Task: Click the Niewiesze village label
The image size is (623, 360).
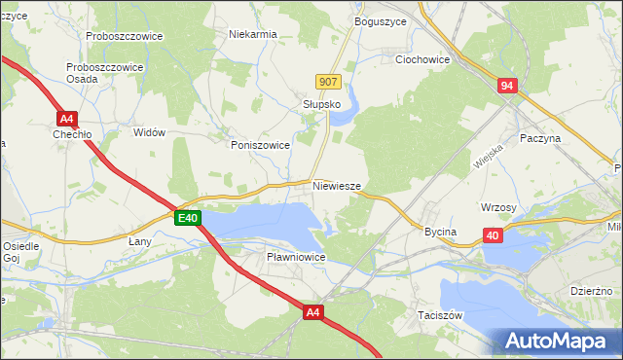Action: [338, 185]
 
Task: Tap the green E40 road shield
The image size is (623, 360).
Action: [188, 219]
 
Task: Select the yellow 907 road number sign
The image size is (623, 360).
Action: [328, 82]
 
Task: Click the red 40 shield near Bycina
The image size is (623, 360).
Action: [494, 236]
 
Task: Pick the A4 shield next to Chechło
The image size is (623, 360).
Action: [66, 119]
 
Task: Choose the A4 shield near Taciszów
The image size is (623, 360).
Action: [311, 312]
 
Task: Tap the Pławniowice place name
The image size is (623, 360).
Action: [295, 257]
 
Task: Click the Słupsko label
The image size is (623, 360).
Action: [320, 104]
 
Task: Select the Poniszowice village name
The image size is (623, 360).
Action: [260, 144]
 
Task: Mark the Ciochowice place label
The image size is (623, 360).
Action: [422, 59]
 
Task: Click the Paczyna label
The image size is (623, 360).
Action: [541, 138]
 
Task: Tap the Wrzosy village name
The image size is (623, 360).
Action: [497, 207]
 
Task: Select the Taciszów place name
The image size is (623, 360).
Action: [439, 316]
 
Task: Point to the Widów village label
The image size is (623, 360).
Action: [149, 132]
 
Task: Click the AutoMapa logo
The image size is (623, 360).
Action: [555, 341]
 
